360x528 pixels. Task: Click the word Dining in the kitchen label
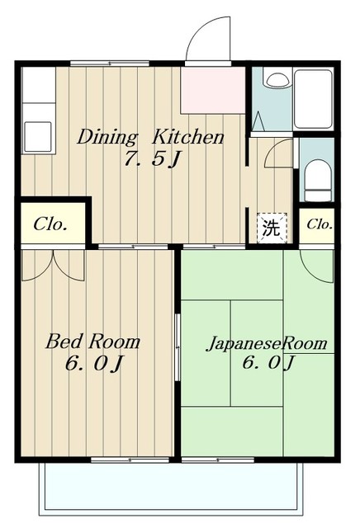click(107, 138)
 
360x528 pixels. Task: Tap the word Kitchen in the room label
click(187, 137)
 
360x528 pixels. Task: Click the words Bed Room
click(92, 341)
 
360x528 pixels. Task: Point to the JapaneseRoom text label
click(267, 343)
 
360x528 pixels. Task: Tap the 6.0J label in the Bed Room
click(93, 363)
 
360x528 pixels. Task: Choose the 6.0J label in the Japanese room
click(268, 363)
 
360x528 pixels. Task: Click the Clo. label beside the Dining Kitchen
click(50, 224)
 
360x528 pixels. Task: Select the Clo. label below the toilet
click(320, 224)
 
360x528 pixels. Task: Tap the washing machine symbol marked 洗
click(272, 228)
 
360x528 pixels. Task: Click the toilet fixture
click(318, 181)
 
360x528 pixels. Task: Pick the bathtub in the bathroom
click(313, 98)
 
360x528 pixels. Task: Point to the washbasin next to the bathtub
click(277, 79)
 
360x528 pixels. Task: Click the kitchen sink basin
click(38, 137)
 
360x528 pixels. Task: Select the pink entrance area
click(213, 90)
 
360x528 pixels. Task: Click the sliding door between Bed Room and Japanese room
click(178, 346)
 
